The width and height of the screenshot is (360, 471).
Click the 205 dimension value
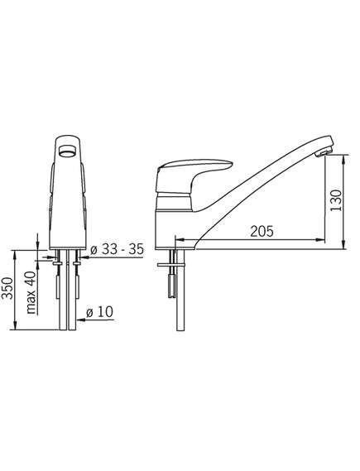tap(262, 231)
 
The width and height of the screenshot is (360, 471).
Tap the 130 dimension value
tap(336, 200)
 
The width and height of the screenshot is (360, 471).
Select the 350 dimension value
tap(7, 288)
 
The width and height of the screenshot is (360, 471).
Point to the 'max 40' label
tap(31, 292)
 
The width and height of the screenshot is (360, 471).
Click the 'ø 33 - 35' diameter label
tap(117, 249)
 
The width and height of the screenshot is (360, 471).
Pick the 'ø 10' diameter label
tap(99, 312)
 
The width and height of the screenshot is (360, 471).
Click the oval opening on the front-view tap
tap(68, 150)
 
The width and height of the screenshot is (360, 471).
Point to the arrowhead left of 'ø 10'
tap(80, 320)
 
